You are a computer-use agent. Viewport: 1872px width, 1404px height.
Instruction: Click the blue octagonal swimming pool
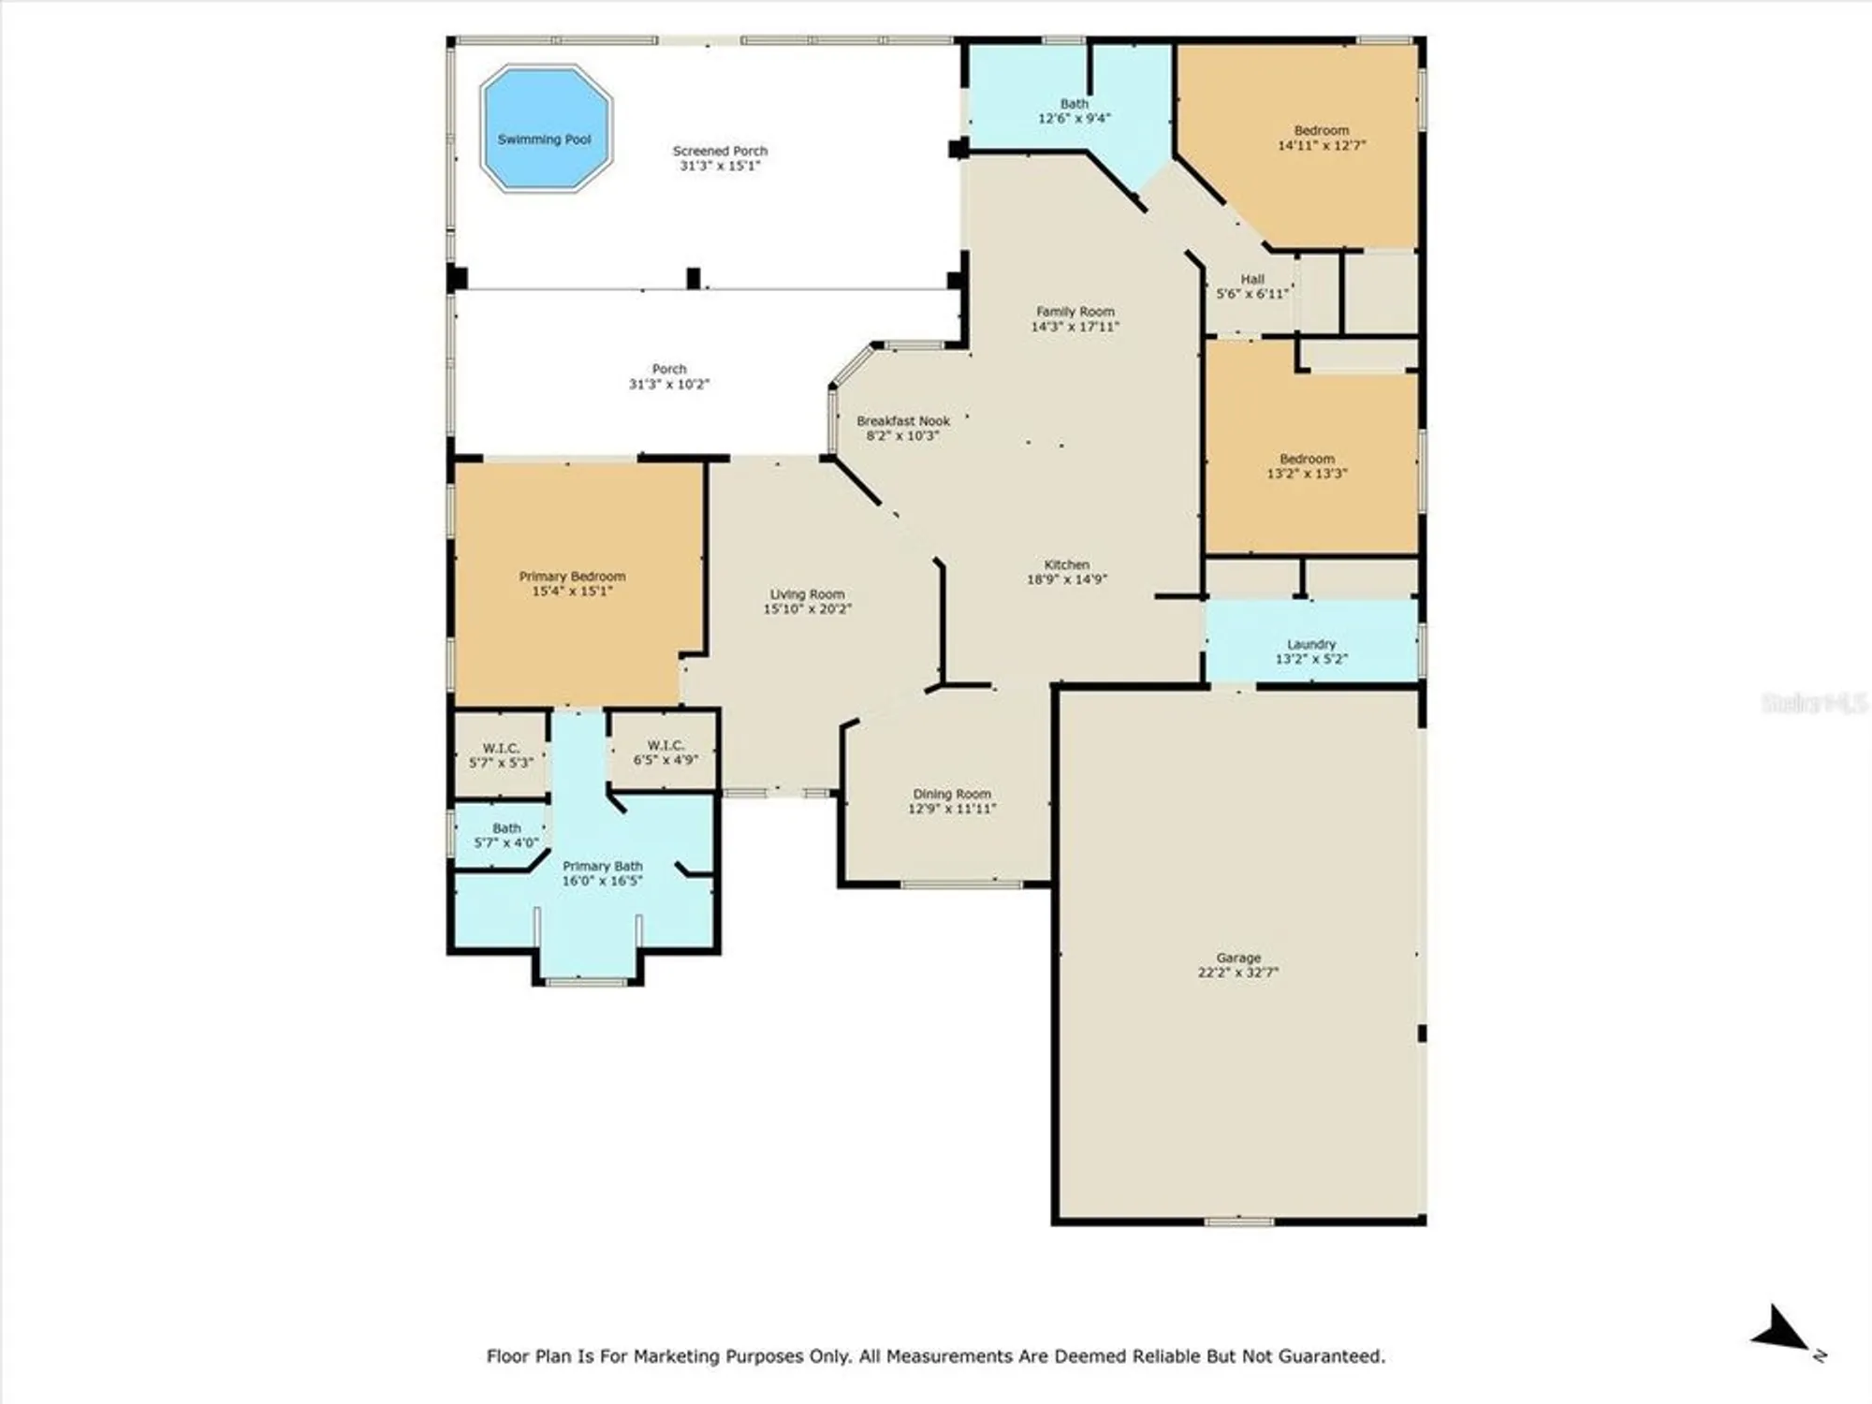tap(546, 129)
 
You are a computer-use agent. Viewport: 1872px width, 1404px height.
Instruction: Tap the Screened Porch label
tap(720, 151)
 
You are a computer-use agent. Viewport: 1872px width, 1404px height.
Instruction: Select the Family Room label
tap(1075, 312)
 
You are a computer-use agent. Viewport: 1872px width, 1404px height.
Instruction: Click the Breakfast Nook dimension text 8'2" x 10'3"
tap(902, 436)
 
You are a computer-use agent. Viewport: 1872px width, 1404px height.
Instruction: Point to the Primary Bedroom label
tap(572, 577)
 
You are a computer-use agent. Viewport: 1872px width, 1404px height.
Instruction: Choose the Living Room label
tap(807, 594)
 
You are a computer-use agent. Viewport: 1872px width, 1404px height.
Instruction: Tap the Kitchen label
tap(1066, 564)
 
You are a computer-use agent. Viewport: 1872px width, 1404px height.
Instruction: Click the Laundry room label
tap(1310, 644)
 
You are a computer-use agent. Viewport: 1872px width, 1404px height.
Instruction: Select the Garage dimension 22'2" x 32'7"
tap(1237, 973)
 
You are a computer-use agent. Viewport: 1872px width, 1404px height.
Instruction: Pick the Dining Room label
tap(951, 794)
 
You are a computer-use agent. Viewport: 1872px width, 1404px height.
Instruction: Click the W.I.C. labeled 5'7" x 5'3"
tap(501, 755)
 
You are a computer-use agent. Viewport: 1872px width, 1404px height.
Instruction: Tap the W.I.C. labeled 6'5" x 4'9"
tap(665, 753)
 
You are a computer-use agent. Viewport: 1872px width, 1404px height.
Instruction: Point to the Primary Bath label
tap(602, 867)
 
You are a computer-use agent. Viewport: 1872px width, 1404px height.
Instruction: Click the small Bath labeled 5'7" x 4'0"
tap(506, 835)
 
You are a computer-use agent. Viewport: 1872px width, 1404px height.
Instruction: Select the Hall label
tap(1252, 279)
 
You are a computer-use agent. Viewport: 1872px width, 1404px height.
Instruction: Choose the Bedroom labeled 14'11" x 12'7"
tap(1321, 138)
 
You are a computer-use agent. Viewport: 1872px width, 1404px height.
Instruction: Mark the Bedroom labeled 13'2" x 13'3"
tap(1307, 466)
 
